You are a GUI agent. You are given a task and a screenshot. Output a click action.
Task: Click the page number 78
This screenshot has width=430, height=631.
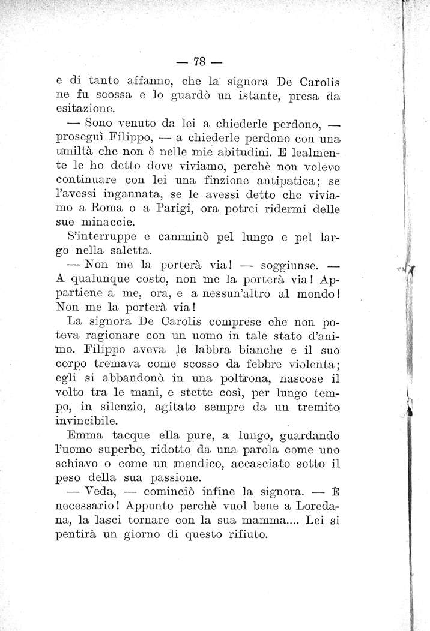[x=200, y=61]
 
